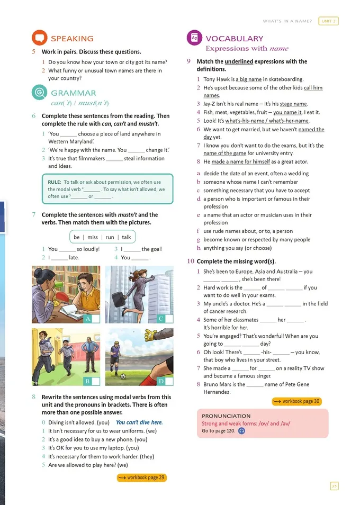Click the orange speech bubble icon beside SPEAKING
(x=39, y=38)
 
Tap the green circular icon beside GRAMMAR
(x=39, y=93)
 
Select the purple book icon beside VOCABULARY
(x=194, y=38)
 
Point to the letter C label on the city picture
(x=161, y=319)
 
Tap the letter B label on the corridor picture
(x=87, y=381)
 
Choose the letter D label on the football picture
(x=161, y=381)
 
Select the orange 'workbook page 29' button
(x=142, y=477)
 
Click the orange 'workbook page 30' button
(x=296, y=401)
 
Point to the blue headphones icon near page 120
(x=242, y=431)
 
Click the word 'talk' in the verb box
(x=127, y=237)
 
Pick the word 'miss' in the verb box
(x=93, y=237)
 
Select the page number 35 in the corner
(x=334, y=485)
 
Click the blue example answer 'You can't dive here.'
(x=140, y=422)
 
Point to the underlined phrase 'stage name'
(x=293, y=104)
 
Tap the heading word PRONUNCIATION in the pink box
(x=226, y=416)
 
